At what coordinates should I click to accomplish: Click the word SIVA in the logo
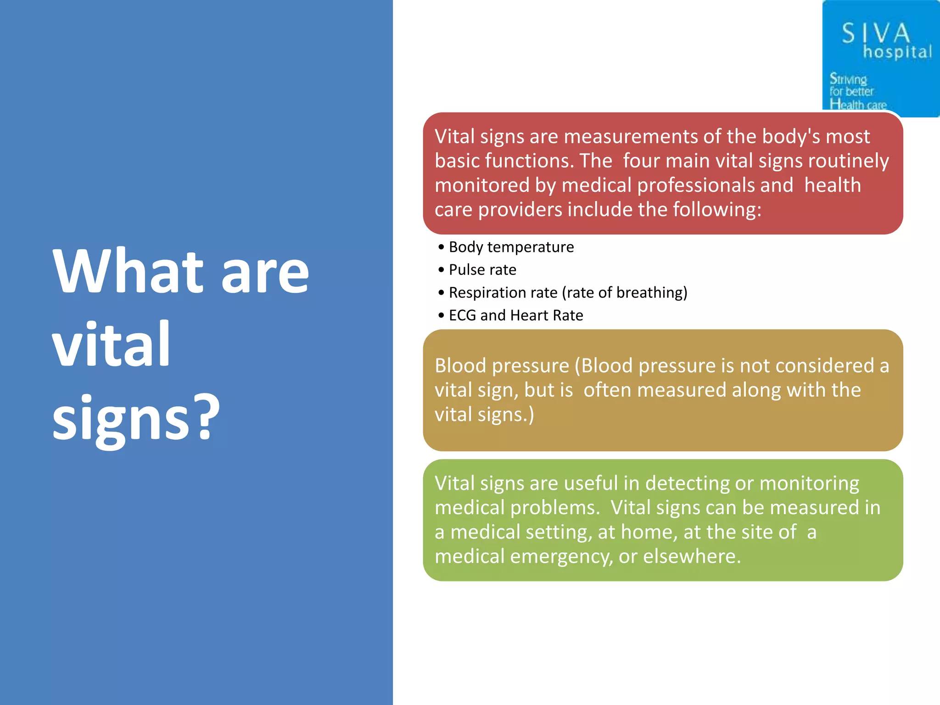pyautogui.click(x=875, y=34)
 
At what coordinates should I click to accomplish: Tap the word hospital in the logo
pyautogui.click(x=897, y=51)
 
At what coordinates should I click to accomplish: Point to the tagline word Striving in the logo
pyautogui.click(x=848, y=79)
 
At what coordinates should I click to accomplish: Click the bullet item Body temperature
pyautogui.click(x=511, y=247)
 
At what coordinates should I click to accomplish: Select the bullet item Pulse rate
pyautogui.click(x=482, y=270)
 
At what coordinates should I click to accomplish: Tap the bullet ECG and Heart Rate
pyautogui.click(x=515, y=315)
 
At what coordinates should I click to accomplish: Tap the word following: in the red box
pyautogui.click(x=717, y=210)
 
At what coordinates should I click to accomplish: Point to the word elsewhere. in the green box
pyautogui.click(x=692, y=556)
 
